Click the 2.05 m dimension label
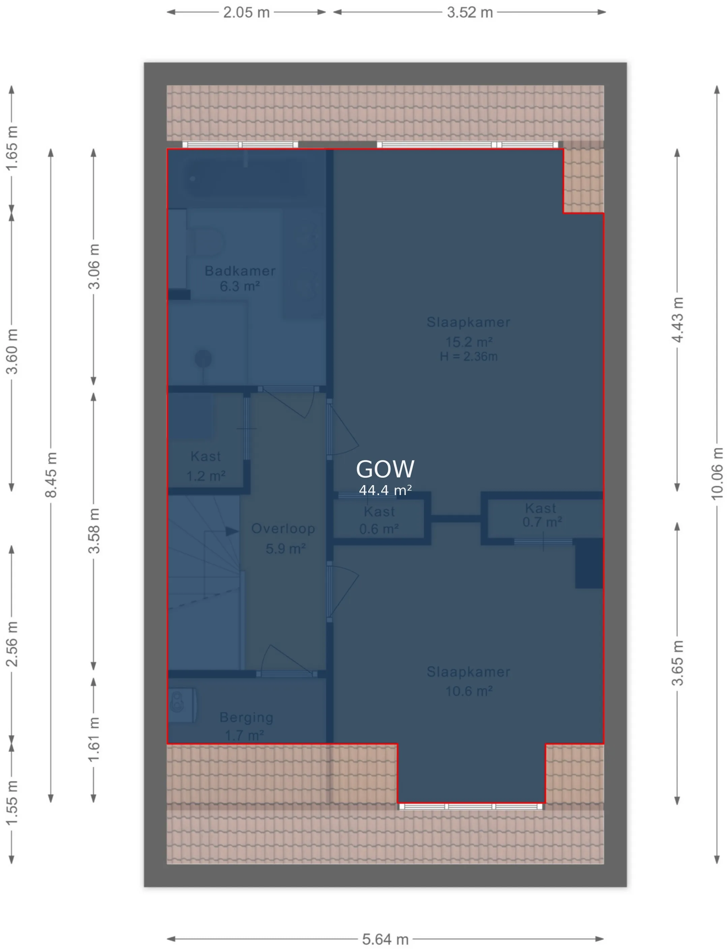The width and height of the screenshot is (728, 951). click(x=246, y=12)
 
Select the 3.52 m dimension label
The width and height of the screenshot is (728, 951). click(x=470, y=12)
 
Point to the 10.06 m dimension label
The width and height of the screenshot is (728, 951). click(x=717, y=474)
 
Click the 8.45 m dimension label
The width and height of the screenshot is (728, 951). click(x=51, y=475)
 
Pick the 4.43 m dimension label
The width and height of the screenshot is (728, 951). click(x=678, y=320)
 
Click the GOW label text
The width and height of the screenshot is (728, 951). click(x=385, y=469)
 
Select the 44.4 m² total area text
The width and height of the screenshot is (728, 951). click(x=385, y=490)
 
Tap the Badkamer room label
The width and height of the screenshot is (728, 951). click(x=240, y=271)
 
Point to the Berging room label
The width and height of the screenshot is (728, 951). click(x=246, y=717)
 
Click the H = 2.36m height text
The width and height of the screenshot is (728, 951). click(x=468, y=357)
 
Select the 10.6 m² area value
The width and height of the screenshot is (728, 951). click(x=469, y=690)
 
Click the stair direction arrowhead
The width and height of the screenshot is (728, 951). click(x=232, y=531)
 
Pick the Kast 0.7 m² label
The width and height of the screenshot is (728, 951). click(x=542, y=515)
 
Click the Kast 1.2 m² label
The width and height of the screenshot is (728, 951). click(x=206, y=466)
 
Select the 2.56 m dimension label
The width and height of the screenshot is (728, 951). click(x=12, y=644)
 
